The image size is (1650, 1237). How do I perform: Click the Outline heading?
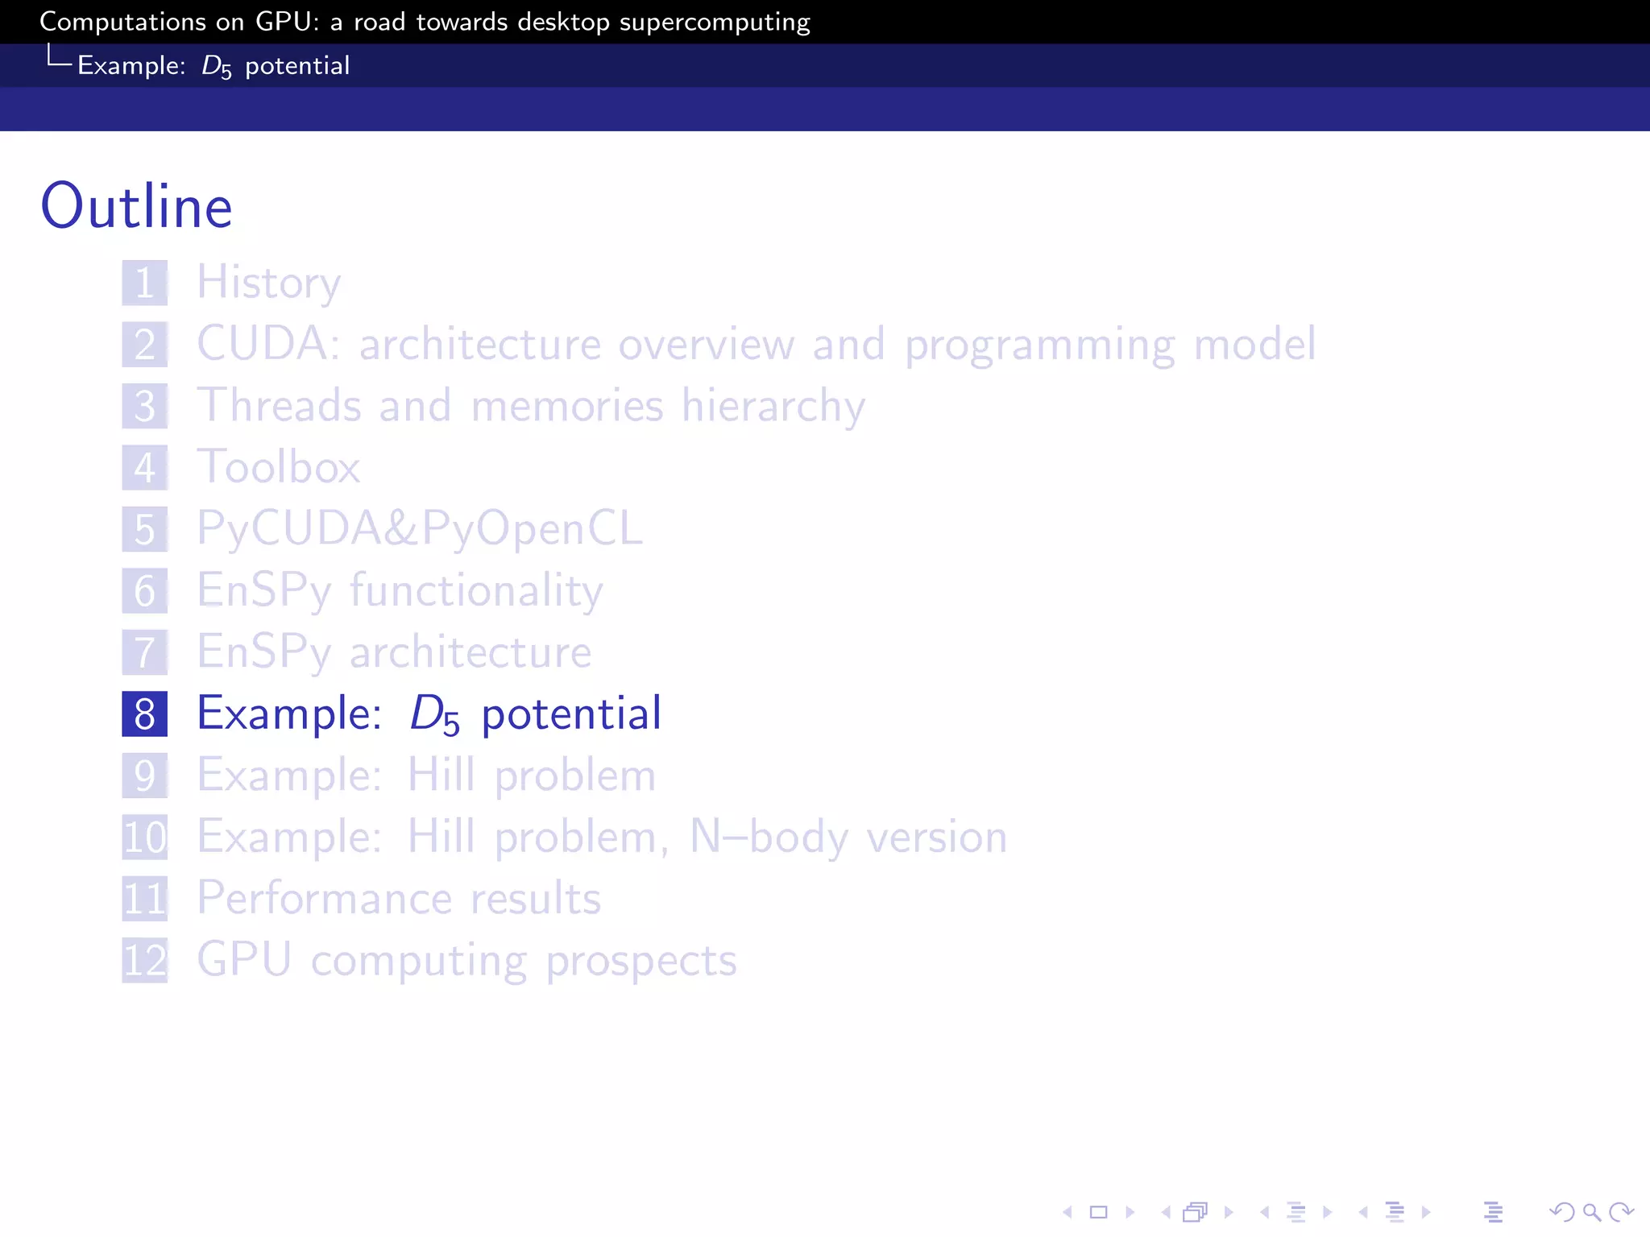136,206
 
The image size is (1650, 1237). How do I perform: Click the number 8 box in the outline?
145,714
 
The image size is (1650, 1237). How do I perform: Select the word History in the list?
269,283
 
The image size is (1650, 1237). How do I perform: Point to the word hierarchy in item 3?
773,406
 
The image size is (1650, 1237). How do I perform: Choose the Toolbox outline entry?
279,467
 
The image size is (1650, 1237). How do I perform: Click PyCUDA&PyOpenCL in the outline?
420,529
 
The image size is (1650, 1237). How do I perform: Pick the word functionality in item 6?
476,590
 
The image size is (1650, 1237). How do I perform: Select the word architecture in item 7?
471,652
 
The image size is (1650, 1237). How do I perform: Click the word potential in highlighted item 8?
571,714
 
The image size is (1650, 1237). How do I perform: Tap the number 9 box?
145,776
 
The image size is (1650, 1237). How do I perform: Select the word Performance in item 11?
324,899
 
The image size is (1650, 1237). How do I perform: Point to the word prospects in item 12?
641,961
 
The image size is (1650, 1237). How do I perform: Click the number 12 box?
145,960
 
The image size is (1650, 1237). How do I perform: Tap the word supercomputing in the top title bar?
715,23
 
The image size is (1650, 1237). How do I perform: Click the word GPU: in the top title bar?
288,22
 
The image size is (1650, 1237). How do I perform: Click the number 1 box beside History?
145,283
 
